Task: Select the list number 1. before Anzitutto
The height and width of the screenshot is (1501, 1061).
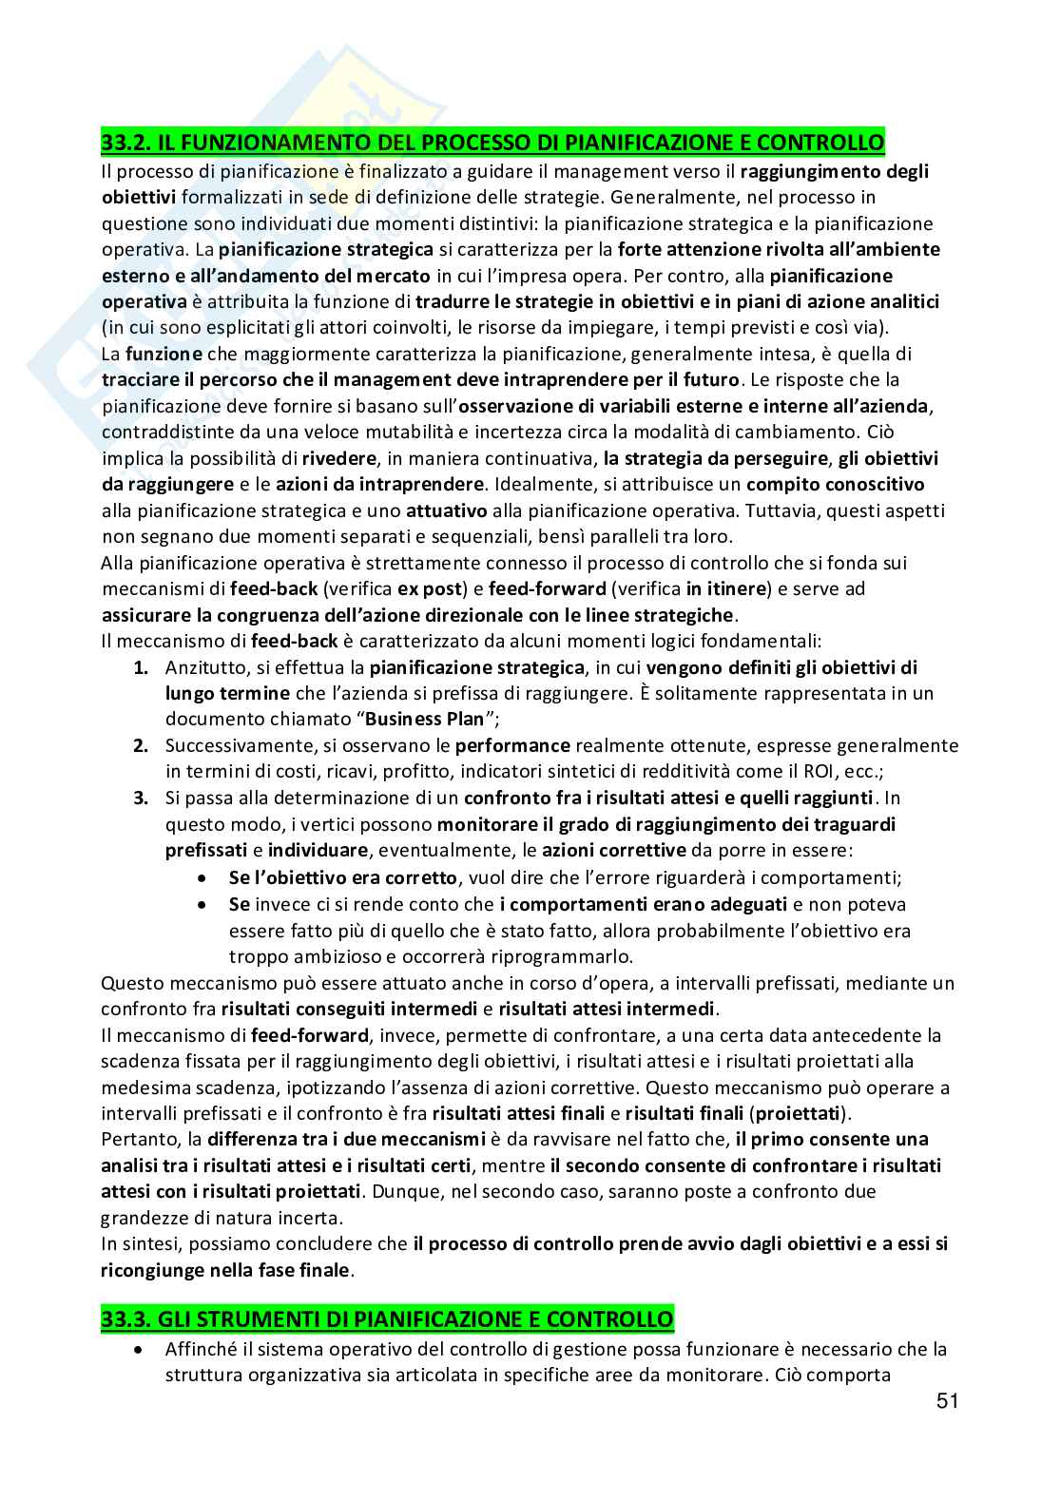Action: click(141, 666)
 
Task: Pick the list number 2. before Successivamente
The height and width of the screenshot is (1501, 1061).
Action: click(141, 745)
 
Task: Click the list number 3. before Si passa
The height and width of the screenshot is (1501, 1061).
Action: click(141, 797)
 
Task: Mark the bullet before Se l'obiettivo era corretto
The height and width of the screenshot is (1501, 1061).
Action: click(202, 877)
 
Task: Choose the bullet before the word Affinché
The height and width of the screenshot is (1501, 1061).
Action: click(140, 1350)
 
